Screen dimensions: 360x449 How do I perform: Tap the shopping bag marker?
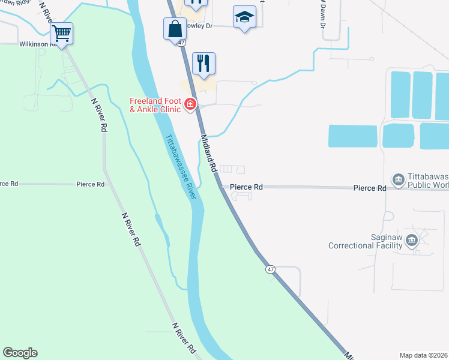(x=174, y=28)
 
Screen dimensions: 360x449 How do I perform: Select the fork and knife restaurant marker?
(x=203, y=63)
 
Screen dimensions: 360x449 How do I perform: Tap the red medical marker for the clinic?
(x=190, y=105)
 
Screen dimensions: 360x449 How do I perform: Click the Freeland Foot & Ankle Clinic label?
(x=155, y=105)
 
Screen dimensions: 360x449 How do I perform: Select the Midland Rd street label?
(x=208, y=154)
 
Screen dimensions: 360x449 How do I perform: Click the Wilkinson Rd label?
(x=37, y=44)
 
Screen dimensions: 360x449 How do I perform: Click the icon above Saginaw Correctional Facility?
(x=411, y=241)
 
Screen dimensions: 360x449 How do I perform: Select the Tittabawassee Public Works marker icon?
(x=398, y=179)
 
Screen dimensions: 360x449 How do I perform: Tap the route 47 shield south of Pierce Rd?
(x=271, y=270)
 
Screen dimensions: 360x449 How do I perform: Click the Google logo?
(x=20, y=353)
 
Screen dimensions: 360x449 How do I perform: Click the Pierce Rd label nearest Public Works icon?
(x=369, y=188)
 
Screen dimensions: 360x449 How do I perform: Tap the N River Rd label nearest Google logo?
(x=184, y=338)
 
